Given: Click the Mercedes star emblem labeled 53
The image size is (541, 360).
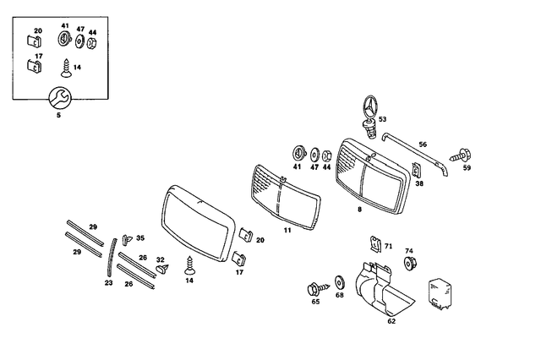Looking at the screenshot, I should click(x=369, y=110).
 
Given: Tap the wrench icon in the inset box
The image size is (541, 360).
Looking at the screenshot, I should click(x=58, y=95).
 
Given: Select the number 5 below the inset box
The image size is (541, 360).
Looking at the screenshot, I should click(x=58, y=115).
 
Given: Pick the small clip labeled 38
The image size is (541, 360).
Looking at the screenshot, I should click(x=418, y=171).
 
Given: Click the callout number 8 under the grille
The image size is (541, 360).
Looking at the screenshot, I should click(x=359, y=208).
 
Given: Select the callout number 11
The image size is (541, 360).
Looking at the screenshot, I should click(x=287, y=230).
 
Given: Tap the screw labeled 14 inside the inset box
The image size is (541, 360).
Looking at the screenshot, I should click(x=65, y=64).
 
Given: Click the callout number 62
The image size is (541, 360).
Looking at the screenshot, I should click(x=391, y=321).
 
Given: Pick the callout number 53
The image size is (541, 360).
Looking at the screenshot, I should click(x=382, y=121).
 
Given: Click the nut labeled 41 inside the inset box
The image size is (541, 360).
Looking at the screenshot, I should click(x=64, y=40).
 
